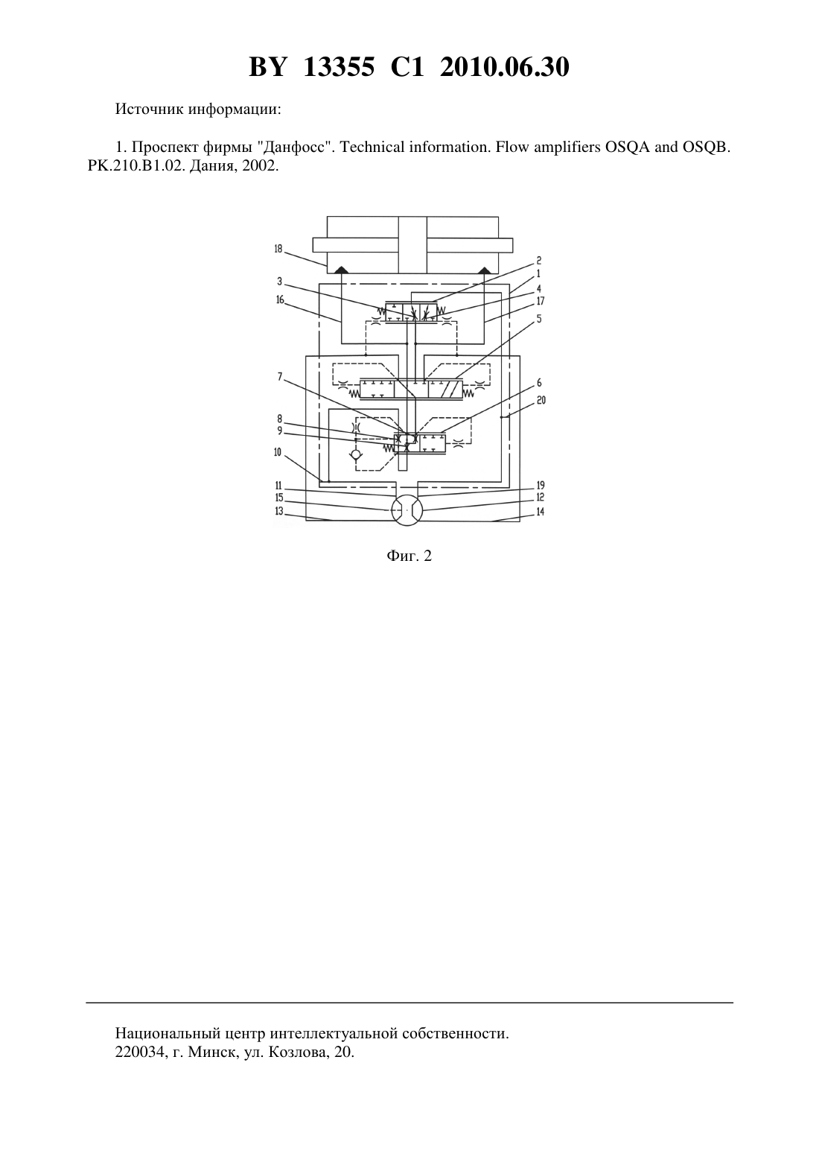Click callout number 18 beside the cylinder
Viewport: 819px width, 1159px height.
point(278,249)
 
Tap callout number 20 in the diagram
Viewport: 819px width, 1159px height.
point(541,401)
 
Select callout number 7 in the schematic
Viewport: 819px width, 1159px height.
point(280,377)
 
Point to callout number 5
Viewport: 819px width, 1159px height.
point(539,319)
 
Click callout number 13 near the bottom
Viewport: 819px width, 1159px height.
point(279,511)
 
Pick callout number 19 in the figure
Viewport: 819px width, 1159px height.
point(541,486)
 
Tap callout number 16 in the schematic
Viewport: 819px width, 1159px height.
point(280,299)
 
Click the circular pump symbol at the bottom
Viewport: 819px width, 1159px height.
point(407,511)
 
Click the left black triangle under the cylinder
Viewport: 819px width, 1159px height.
point(341,270)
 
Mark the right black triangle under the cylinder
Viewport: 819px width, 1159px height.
point(484,270)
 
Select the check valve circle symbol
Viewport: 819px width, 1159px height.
point(356,455)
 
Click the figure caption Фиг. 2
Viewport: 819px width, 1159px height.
point(409,556)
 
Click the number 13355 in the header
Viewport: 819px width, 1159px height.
point(339,67)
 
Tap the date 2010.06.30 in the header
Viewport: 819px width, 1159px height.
point(505,67)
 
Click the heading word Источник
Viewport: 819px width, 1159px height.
point(149,109)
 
